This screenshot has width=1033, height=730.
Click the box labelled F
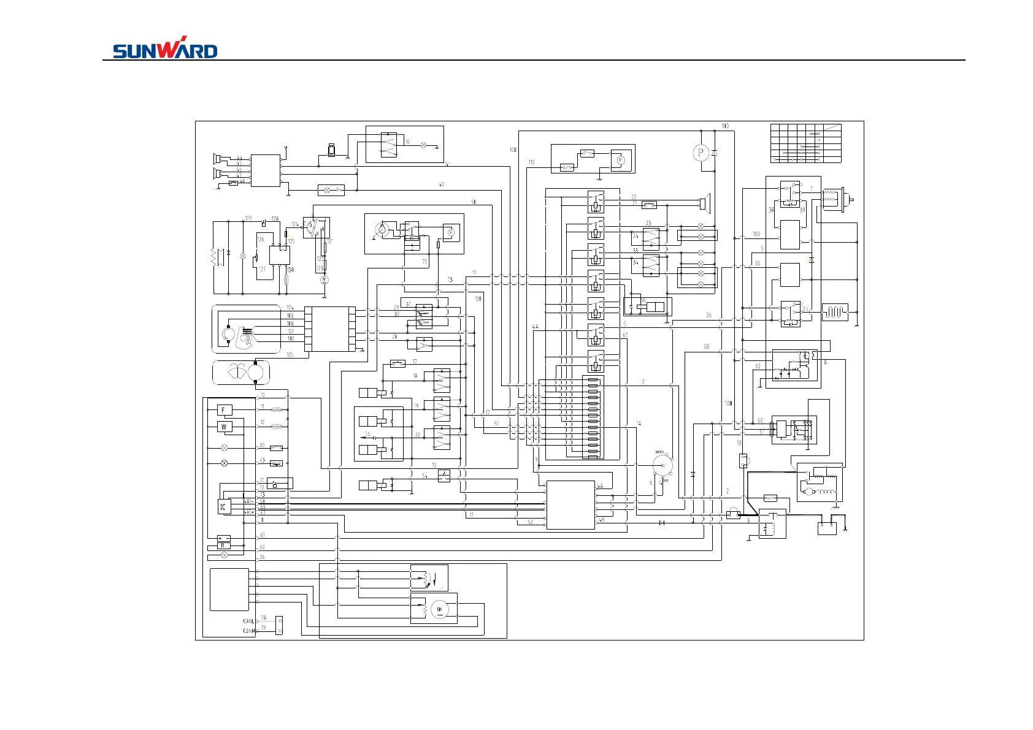click(224, 410)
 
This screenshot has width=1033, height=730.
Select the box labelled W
click(224, 427)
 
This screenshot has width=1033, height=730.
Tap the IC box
click(223, 507)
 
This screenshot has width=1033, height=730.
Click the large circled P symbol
click(701, 153)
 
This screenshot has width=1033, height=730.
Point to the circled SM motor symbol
click(439, 609)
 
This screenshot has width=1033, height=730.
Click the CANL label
click(248, 622)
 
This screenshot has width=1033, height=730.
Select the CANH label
click(248, 631)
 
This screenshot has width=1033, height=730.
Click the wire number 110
click(531, 162)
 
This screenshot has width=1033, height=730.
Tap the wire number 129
click(248, 218)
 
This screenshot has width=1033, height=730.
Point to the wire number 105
click(290, 354)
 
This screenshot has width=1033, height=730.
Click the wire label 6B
click(707, 346)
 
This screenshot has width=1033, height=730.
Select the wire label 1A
click(639, 424)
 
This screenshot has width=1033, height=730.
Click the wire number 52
click(530, 522)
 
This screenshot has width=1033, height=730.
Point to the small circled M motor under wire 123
click(324, 280)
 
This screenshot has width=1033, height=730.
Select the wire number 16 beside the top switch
click(407, 142)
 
